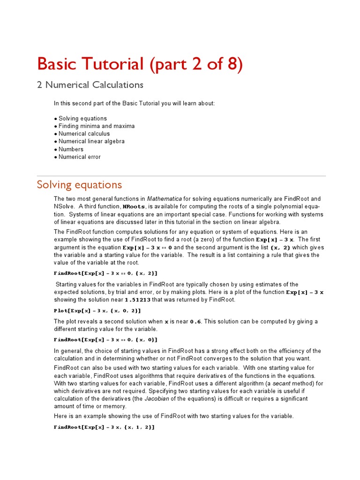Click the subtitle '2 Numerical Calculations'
(90, 85)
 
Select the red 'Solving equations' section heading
(79, 185)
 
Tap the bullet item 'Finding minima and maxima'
(96, 126)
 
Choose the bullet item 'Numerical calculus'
(84, 134)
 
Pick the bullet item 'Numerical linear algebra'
(91, 141)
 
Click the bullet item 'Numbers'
(71, 149)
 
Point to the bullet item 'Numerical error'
(79, 157)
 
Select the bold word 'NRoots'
(134, 207)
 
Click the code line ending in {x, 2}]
(105, 273)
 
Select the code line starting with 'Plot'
(97, 311)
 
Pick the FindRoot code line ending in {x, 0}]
(105, 340)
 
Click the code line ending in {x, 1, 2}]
(104, 427)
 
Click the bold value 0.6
(195, 322)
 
